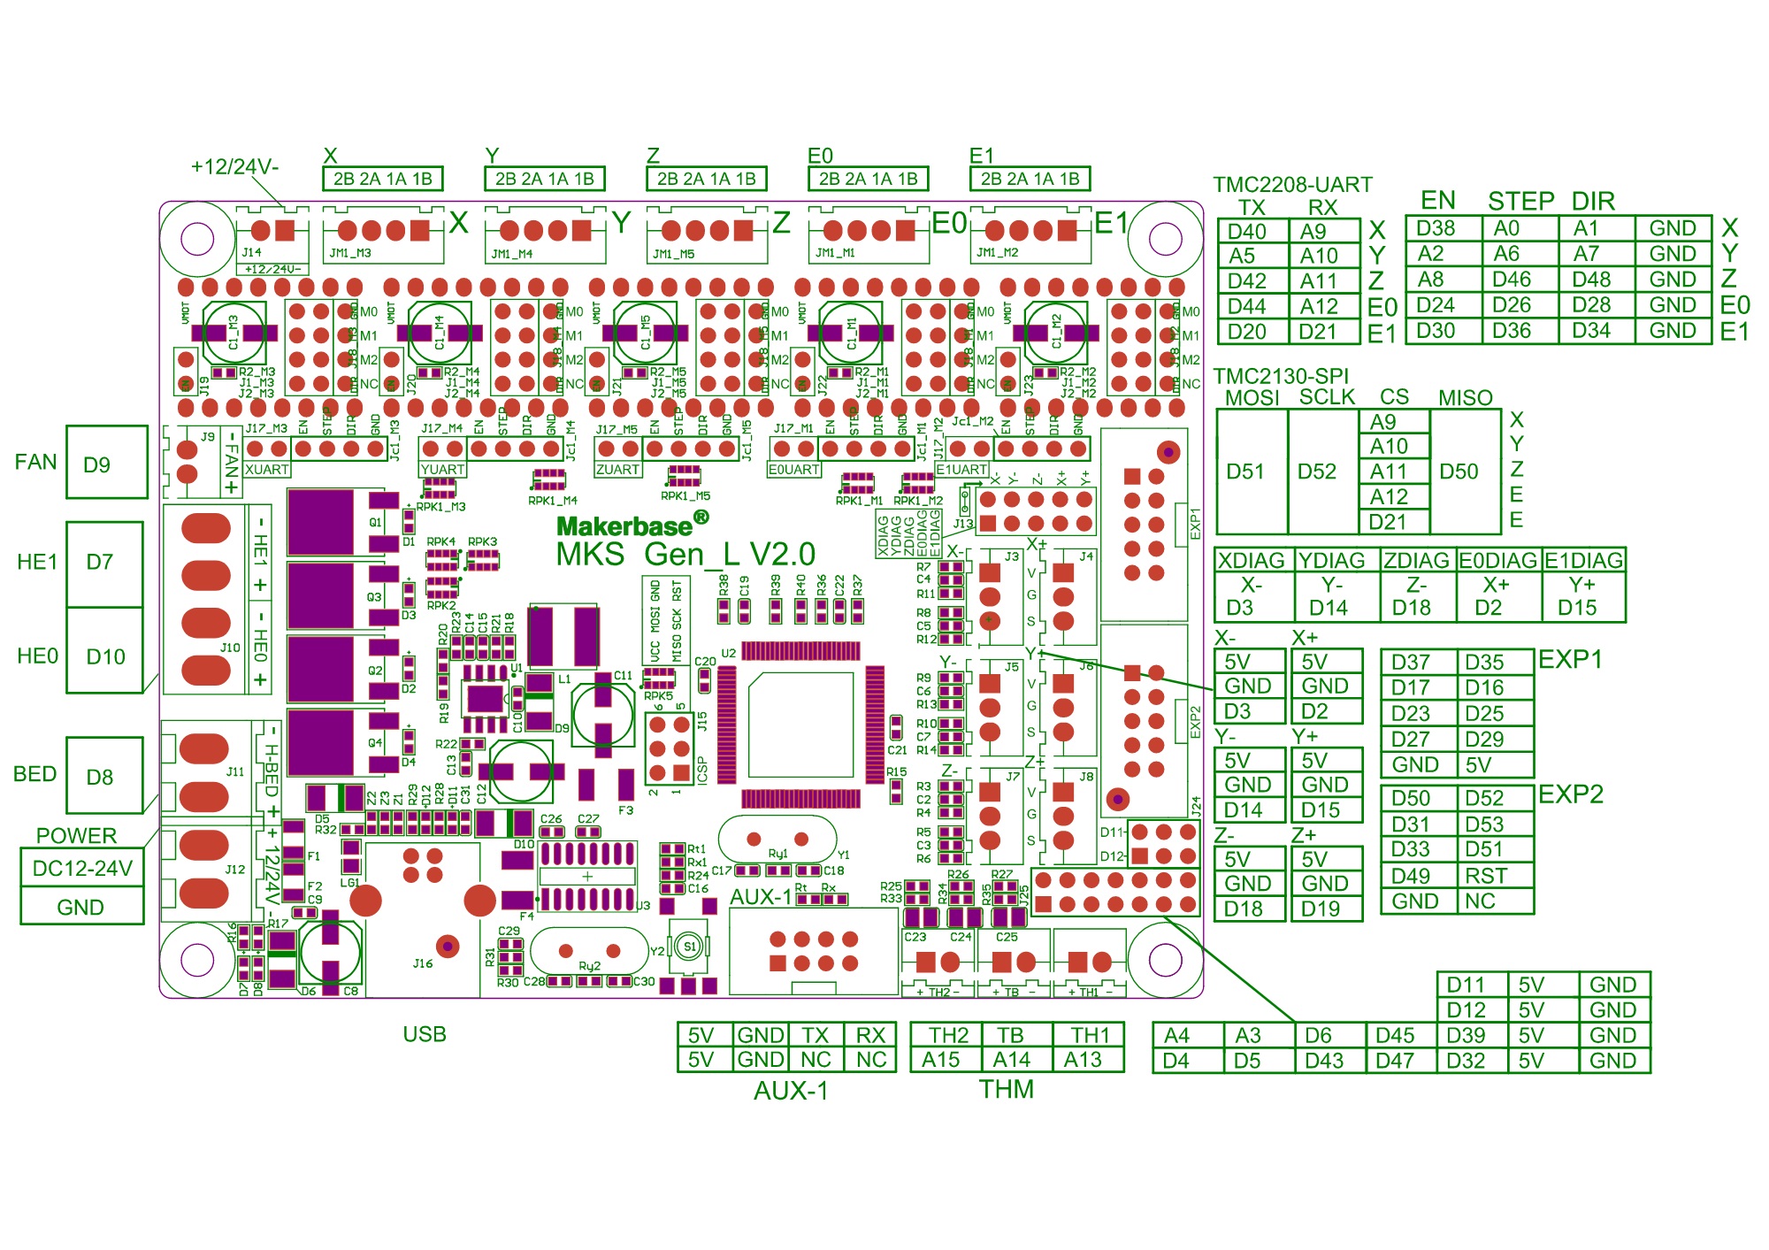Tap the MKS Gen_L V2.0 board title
click(x=685, y=555)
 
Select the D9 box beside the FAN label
click(x=96, y=464)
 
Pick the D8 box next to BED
click(x=99, y=777)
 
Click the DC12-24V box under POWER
click(x=82, y=868)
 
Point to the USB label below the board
click(x=425, y=1034)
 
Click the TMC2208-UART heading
click(x=1292, y=185)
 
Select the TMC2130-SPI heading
click(x=1281, y=376)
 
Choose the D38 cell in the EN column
click(x=1436, y=228)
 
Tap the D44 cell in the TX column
click(x=1247, y=306)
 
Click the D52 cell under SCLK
click(x=1316, y=472)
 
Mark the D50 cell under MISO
click(x=1459, y=472)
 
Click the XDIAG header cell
click(x=1252, y=561)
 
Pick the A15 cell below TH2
click(x=941, y=1060)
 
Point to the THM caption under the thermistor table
click(x=1006, y=1089)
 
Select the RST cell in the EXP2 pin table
click(x=1486, y=876)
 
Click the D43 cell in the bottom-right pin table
click(x=1324, y=1061)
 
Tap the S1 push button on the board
click(x=690, y=947)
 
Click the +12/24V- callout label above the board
click(x=234, y=166)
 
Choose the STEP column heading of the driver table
click(x=1520, y=201)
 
